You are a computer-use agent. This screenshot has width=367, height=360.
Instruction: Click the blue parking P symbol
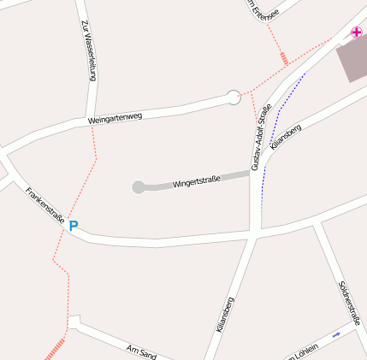pyautogui.click(x=74, y=227)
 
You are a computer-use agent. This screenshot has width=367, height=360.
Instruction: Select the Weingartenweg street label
pyautogui.click(x=115, y=118)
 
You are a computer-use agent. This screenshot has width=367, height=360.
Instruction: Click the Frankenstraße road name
pyautogui.click(x=44, y=206)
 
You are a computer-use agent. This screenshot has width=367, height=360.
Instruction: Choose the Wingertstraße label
pyautogui.click(x=197, y=180)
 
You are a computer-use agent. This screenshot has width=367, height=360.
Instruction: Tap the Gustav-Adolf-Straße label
pyautogui.click(x=261, y=137)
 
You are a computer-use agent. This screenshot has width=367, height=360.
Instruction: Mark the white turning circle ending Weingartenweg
pyautogui.click(x=234, y=97)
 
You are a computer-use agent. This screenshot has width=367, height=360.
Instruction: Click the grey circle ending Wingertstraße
pyautogui.click(x=139, y=187)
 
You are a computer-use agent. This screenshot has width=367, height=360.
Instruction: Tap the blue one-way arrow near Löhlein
pyautogui.click(x=336, y=333)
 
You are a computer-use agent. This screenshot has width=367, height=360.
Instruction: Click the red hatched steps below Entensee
pyautogui.click(x=284, y=58)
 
